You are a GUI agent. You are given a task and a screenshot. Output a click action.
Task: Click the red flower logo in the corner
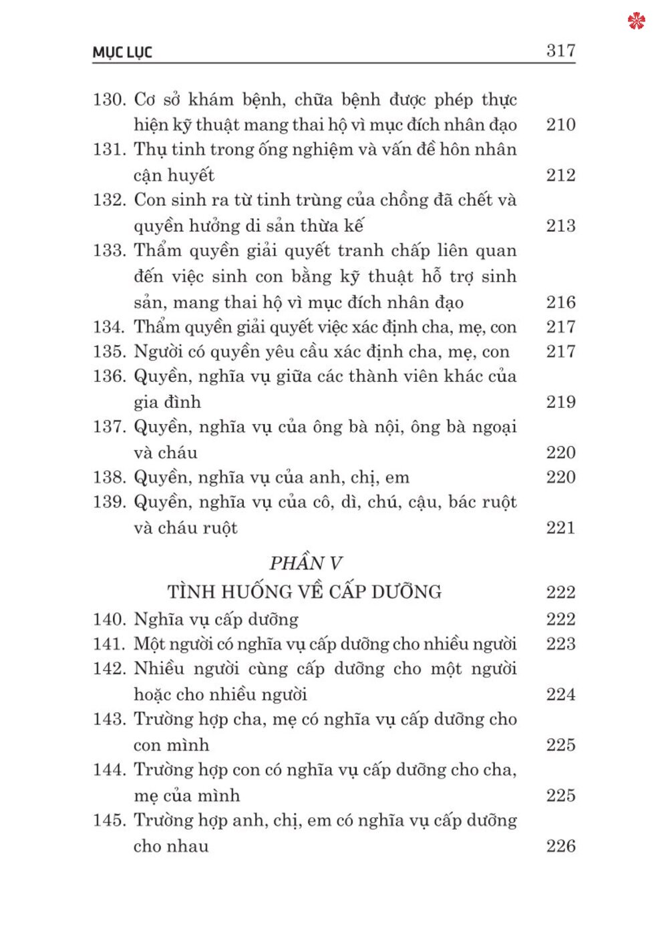click(637, 21)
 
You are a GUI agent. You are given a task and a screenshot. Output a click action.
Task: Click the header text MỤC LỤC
click(122, 52)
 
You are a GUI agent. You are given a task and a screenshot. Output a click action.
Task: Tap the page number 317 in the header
click(560, 51)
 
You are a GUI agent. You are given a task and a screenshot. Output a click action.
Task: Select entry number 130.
click(109, 100)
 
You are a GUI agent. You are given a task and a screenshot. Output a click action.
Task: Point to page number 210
click(560, 125)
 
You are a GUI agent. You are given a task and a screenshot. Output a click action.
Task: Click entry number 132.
click(109, 200)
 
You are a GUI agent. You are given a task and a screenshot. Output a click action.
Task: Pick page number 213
click(560, 226)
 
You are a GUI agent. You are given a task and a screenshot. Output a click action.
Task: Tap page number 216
click(560, 302)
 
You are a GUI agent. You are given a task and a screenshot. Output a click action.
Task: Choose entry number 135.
click(109, 352)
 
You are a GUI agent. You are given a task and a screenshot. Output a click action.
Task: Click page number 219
click(560, 402)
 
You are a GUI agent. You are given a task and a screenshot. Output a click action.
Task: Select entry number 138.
click(109, 477)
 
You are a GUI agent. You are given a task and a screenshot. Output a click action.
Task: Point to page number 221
click(560, 528)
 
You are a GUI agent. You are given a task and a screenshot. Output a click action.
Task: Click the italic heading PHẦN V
click(305, 563)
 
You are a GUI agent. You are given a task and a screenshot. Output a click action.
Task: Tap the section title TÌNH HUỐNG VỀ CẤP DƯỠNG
click(305, 592)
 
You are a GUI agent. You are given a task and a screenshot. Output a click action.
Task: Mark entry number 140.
click(109, 620)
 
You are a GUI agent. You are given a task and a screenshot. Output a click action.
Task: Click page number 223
click(560, 644)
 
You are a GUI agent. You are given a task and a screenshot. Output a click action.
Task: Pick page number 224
click(560, 695)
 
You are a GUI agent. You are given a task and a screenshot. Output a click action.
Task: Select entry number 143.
click(109, 720)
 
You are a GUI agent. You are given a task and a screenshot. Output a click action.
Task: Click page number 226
click(560, 847)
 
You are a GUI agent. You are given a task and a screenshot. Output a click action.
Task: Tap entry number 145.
click(109, 820)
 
